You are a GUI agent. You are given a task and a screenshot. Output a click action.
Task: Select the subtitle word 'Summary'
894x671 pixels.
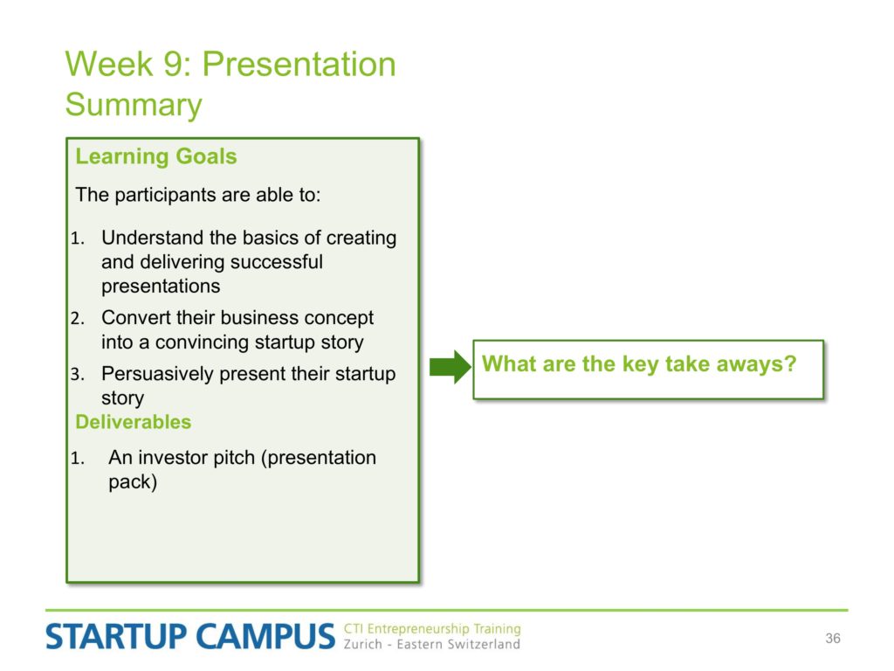134,105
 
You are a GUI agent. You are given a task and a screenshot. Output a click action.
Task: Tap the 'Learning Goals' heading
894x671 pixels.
155,156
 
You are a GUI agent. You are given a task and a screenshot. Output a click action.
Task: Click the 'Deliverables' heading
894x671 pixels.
133,422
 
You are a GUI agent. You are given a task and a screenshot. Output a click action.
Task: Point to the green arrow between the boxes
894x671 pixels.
450,366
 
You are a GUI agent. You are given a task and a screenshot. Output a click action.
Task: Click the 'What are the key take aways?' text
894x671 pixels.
638,364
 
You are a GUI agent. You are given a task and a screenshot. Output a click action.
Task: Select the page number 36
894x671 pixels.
832,638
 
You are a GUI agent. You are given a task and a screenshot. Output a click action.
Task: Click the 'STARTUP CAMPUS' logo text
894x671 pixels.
189,636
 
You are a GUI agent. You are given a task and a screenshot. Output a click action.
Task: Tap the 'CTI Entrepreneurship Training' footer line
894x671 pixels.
431,628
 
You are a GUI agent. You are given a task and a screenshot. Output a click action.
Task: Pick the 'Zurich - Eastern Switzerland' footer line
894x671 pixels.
431,644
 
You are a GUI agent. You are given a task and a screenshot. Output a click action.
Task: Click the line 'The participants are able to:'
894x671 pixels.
198,195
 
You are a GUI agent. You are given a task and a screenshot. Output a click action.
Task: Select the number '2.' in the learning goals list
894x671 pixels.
78,318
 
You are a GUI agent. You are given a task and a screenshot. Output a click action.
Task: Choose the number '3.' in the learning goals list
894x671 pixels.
78,374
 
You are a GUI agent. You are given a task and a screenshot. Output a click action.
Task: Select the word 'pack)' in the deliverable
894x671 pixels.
133,482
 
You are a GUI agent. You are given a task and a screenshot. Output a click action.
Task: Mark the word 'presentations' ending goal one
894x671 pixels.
161,286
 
